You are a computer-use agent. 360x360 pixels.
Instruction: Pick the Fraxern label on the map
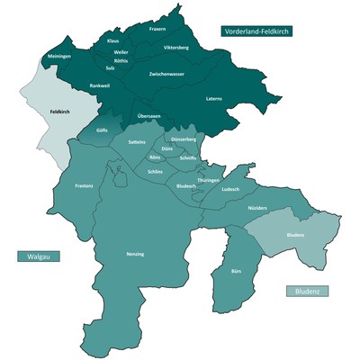[158, 29]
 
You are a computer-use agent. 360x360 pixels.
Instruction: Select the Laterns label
[213, 97]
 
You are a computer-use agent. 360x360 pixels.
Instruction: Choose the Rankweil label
[99, 85]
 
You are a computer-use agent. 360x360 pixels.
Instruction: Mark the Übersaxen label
[148, 117]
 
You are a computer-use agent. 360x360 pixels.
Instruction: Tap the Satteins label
[137, 142]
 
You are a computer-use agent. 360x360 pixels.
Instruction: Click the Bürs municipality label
[237, 270]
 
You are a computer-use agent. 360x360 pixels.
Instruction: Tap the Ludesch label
[230, 190]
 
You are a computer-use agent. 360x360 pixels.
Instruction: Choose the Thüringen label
[209, 180]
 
